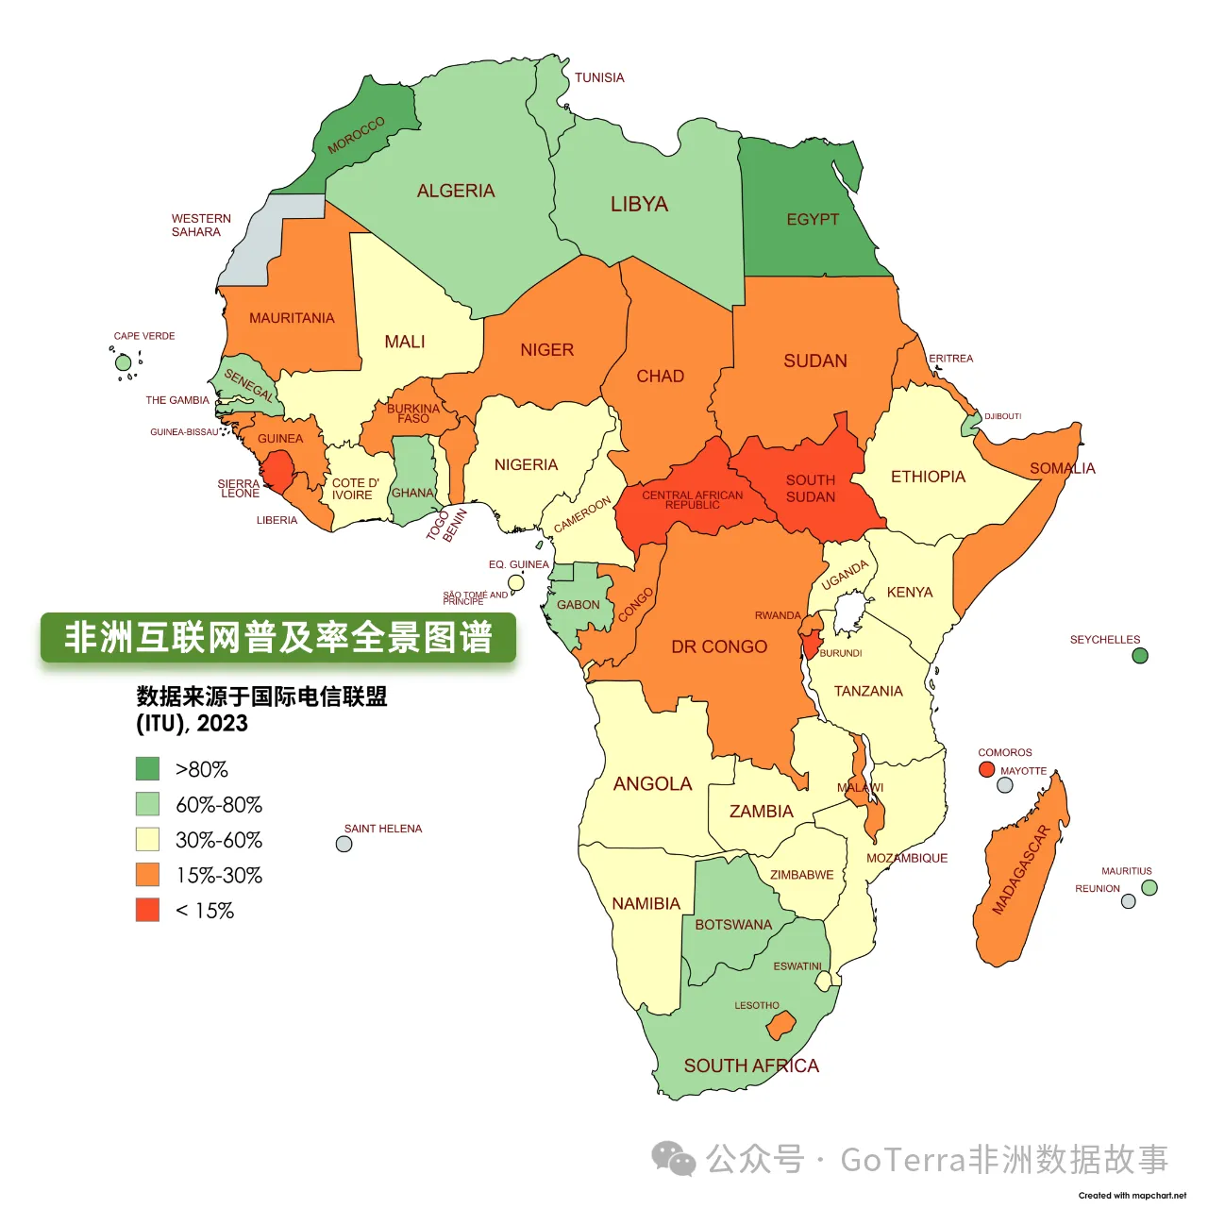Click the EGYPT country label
pos(813,219)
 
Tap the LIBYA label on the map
pos(639,204)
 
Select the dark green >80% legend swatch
pos(147,768)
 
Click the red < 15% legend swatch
pos(147,910)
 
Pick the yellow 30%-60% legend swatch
pos(147,839)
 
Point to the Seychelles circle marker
pos(1140,656)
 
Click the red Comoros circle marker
pos(986,769)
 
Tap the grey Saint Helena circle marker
pos(344,844)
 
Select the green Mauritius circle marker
pos(1149,887)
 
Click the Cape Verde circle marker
pos(123,362)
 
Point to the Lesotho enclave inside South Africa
pos(781,1025)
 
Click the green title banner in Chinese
pos(278,638)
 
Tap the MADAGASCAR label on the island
pos(1020,870)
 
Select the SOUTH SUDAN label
pos(811,488)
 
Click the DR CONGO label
pos(719,646)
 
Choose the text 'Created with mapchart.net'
pos(1132,1195)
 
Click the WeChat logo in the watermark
pos(674,1159)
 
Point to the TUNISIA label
pos(599,77)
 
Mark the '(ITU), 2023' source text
pos(192,723)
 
